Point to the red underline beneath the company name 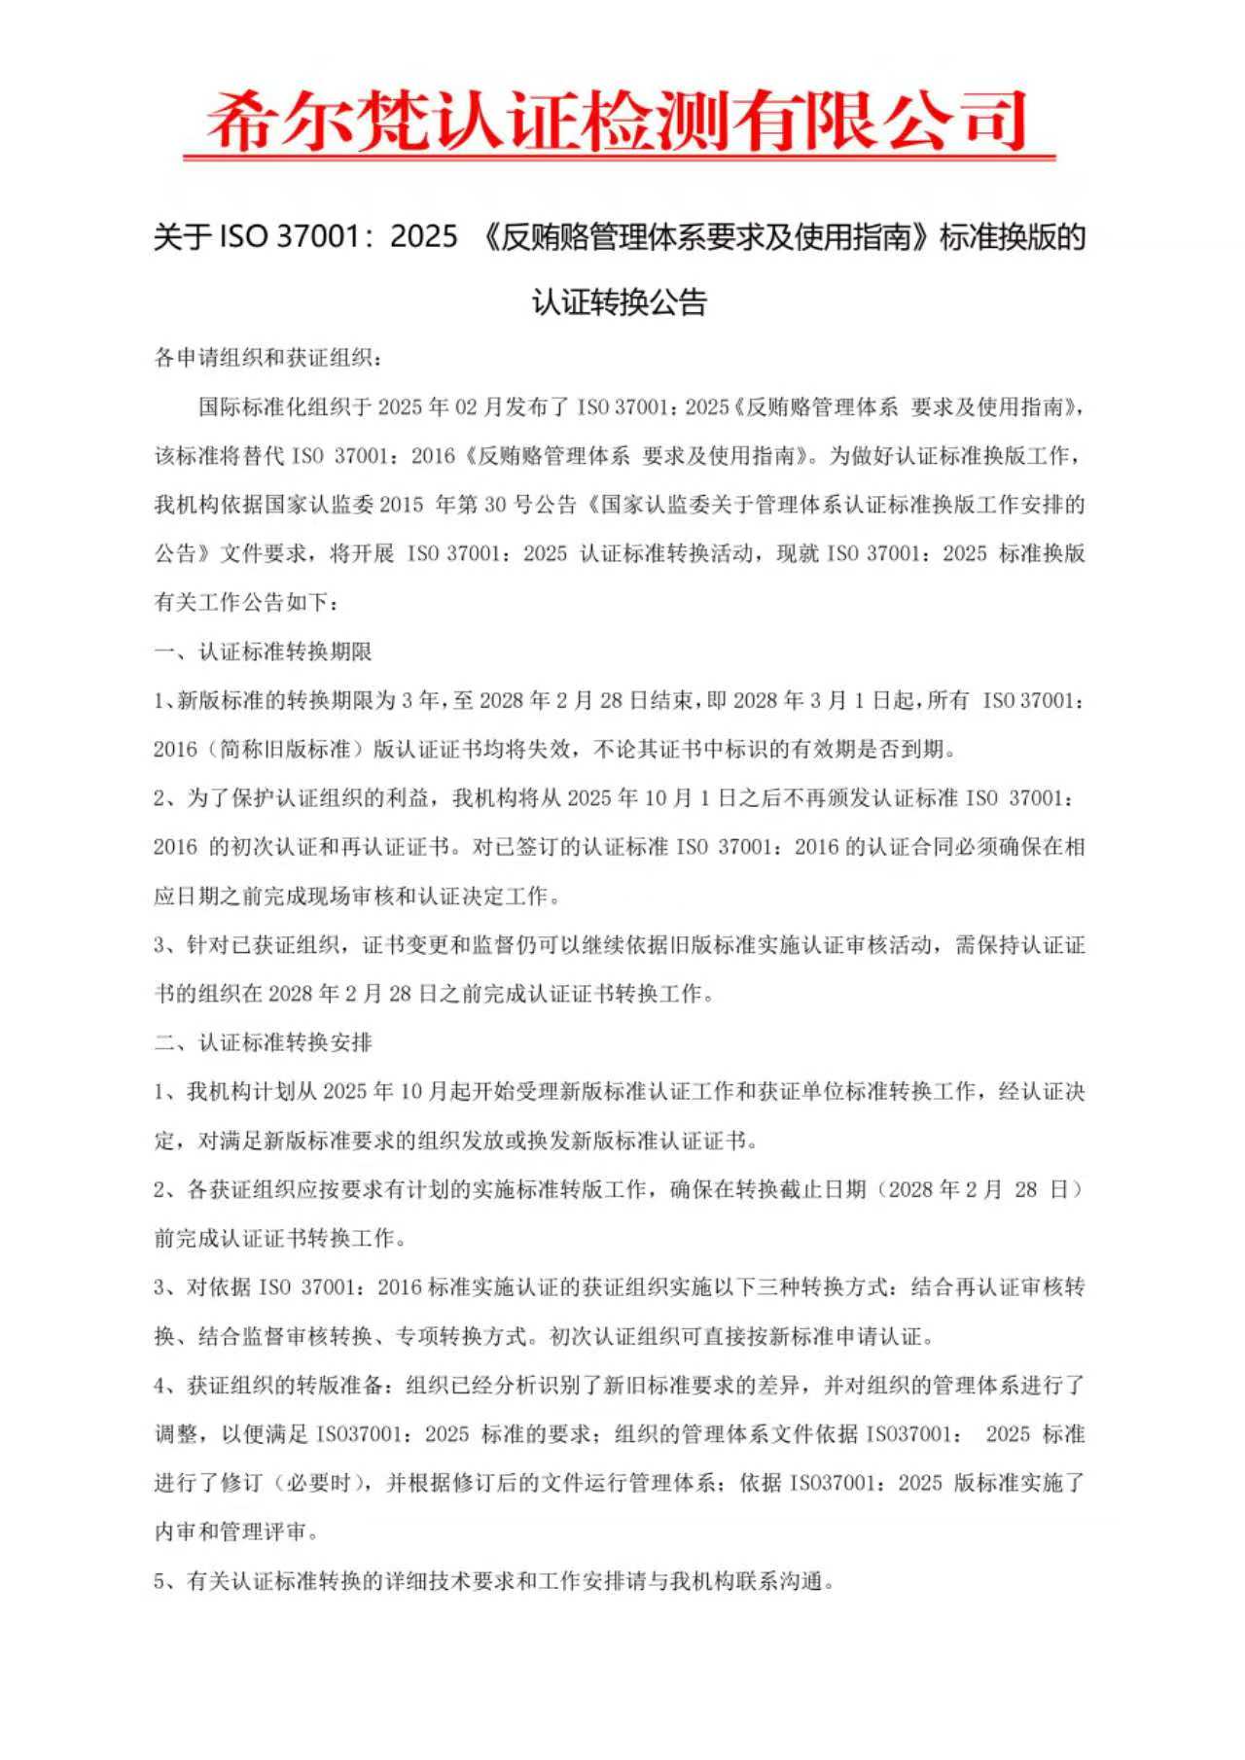point(620,157)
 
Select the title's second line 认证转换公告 point(620,301)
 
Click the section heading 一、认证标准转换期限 point(263,651)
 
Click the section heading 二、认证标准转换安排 point(263,1043)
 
